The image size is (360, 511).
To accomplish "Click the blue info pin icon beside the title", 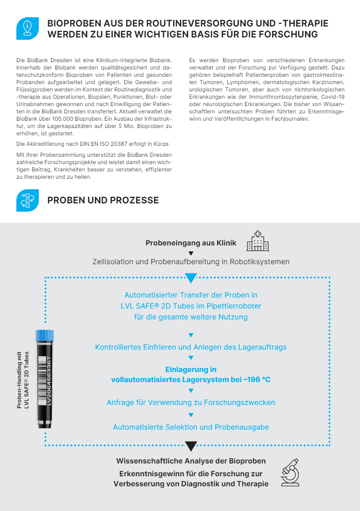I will [x=27, y=29].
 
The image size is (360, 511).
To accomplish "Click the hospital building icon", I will [x=258, y=241].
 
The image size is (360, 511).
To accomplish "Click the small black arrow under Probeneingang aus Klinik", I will [x=191, y=253].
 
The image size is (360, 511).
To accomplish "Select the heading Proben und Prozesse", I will [x=103, y=200].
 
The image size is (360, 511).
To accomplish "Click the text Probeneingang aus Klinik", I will [x=191, y=243].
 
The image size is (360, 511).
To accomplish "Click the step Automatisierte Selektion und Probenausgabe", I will [x=191, y=427].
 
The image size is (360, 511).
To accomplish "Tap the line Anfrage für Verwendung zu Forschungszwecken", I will [x=191, y=402].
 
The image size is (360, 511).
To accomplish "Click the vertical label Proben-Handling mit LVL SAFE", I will [x=22, y=379].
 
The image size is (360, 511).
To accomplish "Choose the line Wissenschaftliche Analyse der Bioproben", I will [x=191, y=461].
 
